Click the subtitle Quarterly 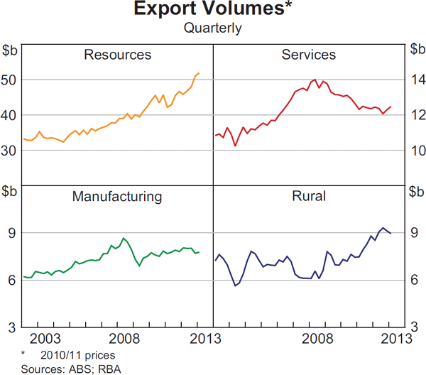(213, 28)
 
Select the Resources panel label (117, 55)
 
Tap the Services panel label (309, 55)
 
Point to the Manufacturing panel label (117, 196)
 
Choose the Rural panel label (309, 196)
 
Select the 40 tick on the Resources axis (11, 115)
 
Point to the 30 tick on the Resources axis (11, 150)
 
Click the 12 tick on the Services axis (415, 115)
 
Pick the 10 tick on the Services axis (415, 150)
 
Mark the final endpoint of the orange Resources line (200, 73)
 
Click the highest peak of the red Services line (315, 80)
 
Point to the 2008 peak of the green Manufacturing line (124, 238)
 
